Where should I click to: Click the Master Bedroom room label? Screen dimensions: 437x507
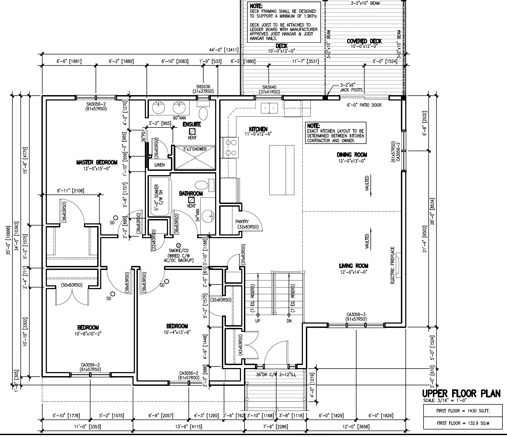pyautogui.click(x=97, y=162)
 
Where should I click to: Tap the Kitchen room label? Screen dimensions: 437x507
pyautogui.click(x=258, y=129)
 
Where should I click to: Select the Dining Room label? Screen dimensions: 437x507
pyautogui.click(x=352, y=155)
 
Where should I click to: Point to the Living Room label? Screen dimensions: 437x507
pyautogui.click(x=353, y=266)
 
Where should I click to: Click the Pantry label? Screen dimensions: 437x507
pyautogui.click(x=242, y=221)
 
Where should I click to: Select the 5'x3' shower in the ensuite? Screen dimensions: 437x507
pyautogui.click(x=195, y=158)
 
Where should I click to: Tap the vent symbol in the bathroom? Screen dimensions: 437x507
pyautogui.click(x=191, y=200)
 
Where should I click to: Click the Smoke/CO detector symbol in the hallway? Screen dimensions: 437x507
pyautogui.click(x=178, y=245)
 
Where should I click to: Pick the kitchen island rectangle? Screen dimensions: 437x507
pyautogui.click(x=282, y=170)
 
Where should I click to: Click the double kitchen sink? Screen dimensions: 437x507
pyautogui.click(x=269, y=108)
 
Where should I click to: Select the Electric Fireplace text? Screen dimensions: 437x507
pyautogui.click(x=392, y=265)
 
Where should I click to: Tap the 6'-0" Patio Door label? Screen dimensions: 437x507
pyautogui.click(x=364, y=105)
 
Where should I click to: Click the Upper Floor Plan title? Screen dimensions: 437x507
pyautogui.click(x=461, y=394)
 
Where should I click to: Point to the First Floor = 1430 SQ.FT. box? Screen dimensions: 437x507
pyautogui.click(x=463, y=411)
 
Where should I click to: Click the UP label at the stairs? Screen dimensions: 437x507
pyautogui.click(x=257, y=321)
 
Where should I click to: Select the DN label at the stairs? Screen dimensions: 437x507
pyautogui.click(x=289, y=321)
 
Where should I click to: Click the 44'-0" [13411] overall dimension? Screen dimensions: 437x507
pyautogui.click(x=223, y=50)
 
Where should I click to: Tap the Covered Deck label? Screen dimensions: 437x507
pyautogui.click(x=364, y=41)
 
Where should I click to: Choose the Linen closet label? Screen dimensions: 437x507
pyautogui.click(x=159, y=165)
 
